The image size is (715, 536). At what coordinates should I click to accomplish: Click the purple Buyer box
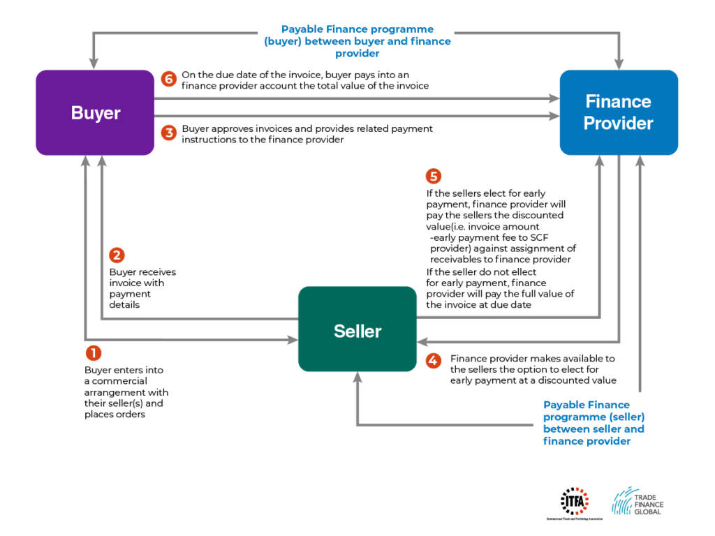coord(95,112)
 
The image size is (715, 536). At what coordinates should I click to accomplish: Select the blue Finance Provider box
coord(619,112)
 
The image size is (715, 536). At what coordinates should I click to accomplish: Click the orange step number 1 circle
coord(93,354)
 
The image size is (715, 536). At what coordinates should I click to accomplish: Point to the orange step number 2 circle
coord(117,255)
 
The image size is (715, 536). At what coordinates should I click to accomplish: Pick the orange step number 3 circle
coord(168,133)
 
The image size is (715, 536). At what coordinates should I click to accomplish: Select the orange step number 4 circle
coord(434,361)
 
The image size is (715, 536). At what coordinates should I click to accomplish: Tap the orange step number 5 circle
coord(434,176)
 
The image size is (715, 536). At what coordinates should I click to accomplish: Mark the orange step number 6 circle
coord(168,78)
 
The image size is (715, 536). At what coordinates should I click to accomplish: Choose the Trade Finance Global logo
coord(637,501)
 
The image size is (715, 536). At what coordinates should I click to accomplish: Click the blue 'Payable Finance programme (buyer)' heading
coord(357,41)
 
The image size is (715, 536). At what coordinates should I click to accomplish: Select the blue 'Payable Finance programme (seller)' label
coord(594,423)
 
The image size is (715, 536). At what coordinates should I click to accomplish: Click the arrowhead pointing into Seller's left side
coord(293,341)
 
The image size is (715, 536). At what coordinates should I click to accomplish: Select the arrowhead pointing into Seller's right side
coord(422,341)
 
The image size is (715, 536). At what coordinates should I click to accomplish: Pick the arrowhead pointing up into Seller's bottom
coord(357,377)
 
